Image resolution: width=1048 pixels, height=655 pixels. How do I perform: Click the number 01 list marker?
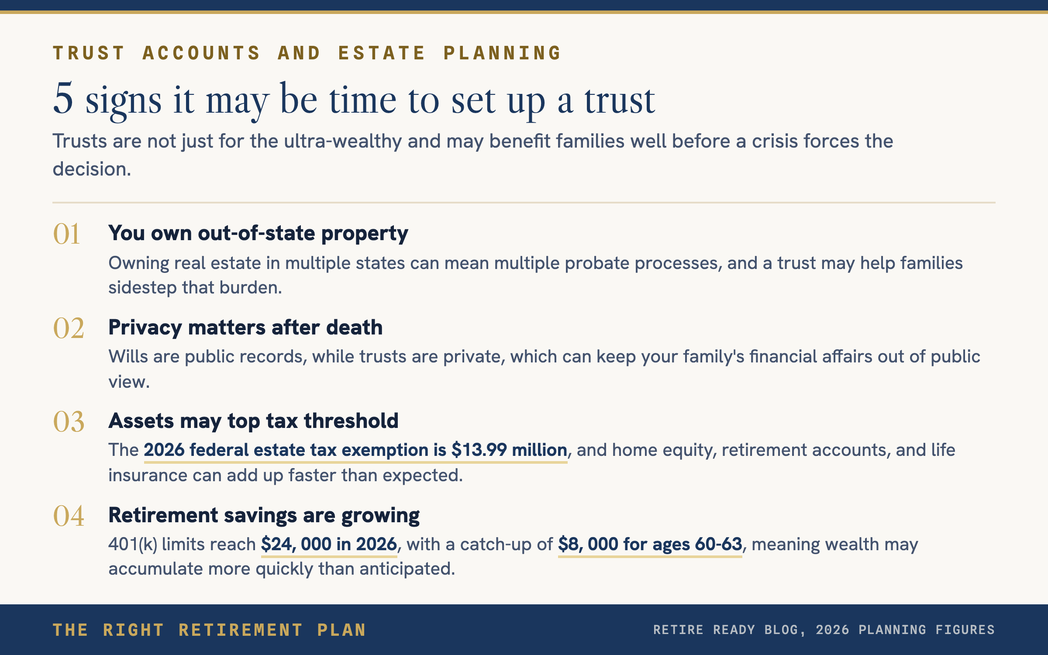[66, 234]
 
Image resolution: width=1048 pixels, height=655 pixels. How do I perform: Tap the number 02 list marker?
[69, 328]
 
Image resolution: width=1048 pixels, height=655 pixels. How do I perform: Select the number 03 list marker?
[69, 422]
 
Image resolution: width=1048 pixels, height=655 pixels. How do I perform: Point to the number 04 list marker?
[69, 516]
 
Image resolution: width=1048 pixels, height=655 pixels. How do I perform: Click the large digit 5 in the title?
[63, 98]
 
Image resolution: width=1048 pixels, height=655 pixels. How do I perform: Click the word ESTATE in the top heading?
[382, 53]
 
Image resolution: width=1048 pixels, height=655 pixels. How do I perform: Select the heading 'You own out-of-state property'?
[258, 234]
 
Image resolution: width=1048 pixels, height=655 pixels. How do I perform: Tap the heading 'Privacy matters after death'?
[245, 327]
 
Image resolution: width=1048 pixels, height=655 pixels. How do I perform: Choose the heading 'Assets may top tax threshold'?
[253, 421]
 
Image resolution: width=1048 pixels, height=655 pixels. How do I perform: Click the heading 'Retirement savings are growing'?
[264, 515]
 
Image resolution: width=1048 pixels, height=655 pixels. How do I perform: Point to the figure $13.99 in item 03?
[479, 450]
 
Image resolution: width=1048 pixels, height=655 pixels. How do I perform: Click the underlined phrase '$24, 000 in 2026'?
[329, 545]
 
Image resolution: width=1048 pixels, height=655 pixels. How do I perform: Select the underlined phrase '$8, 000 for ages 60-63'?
[650, 545]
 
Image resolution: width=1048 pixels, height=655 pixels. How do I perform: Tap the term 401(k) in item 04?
[133, 545]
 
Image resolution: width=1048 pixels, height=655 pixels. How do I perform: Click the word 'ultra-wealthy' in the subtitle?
[343, 141]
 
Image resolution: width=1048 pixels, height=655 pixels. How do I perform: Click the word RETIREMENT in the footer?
[241, 630]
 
